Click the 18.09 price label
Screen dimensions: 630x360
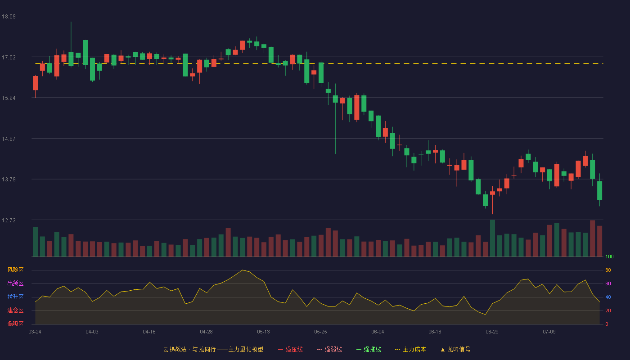[9, 17]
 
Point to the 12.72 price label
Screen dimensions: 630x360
[9, 220]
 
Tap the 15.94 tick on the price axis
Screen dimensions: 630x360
[9, 98]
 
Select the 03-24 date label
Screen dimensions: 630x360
[35, 332]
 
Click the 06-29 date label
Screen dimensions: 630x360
[492, 332]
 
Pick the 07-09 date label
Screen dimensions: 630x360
[549, 332]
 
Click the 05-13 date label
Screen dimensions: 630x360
[263, 332]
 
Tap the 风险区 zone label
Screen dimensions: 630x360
[15, 270]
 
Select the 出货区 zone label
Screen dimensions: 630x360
[15, 283]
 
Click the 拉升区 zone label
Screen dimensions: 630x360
[15, 297]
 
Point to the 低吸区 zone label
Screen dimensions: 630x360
[15, 324]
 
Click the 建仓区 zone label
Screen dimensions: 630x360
[15, 310]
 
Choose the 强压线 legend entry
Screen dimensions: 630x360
[290, 349]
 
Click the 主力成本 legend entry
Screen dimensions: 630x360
[410, 349]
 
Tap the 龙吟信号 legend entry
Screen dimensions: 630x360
[455, 349]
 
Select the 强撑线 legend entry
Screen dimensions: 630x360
[369, 349]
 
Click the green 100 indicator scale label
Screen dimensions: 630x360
[609, 256]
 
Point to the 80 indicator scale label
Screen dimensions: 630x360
[608, 270]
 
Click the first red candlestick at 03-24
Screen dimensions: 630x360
[35, 83]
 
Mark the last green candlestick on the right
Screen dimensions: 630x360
[599, 190]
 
